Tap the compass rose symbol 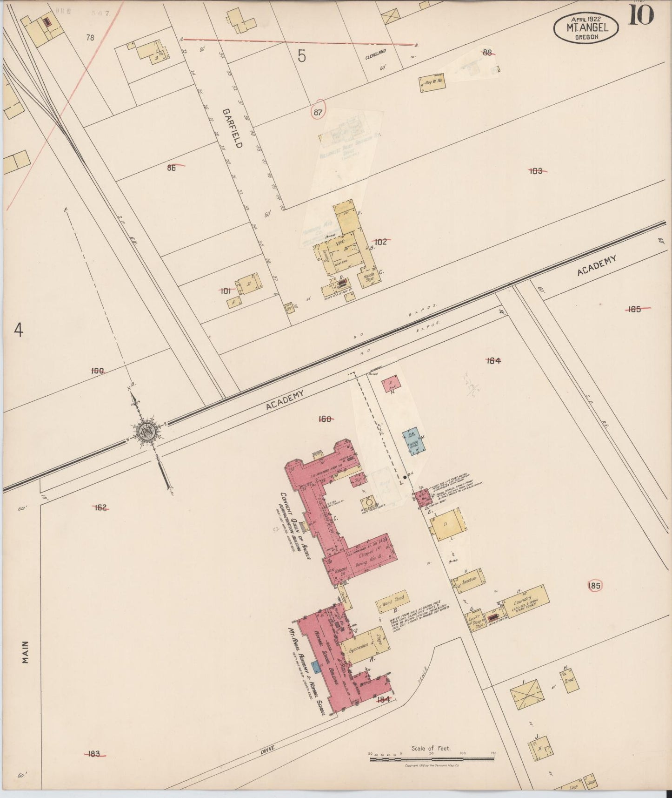[x=148, y=431]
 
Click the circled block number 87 [x=318, y=112]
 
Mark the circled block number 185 [x=594, y=586]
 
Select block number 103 [x=536, y=171]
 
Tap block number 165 [x=634, y=309]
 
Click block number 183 [x=94, y=753]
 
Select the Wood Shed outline [x=392, y=602]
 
